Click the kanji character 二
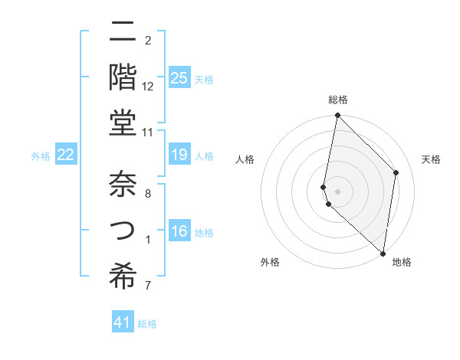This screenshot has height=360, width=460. tap(123, 32)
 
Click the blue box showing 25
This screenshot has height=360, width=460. tap(179, 77)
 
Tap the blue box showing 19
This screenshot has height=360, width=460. tap(179, 155)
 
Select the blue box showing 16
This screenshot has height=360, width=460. tap(179, 232)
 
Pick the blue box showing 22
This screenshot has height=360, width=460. tap(66, 155)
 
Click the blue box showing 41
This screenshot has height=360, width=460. tap(123, 322)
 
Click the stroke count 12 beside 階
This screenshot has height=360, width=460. tap(148, 87)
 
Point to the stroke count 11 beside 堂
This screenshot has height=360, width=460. tap(148, 133)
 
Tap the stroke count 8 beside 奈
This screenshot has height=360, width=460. tap(148, 194)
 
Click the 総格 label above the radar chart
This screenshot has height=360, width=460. tap(338, 100)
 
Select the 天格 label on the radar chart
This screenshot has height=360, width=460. tap(431, 159)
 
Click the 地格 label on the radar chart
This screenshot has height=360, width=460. tap(402, 262)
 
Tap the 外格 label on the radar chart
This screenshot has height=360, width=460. tap(270, 262)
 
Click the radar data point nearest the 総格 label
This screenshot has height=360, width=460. tap(337, 116)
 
